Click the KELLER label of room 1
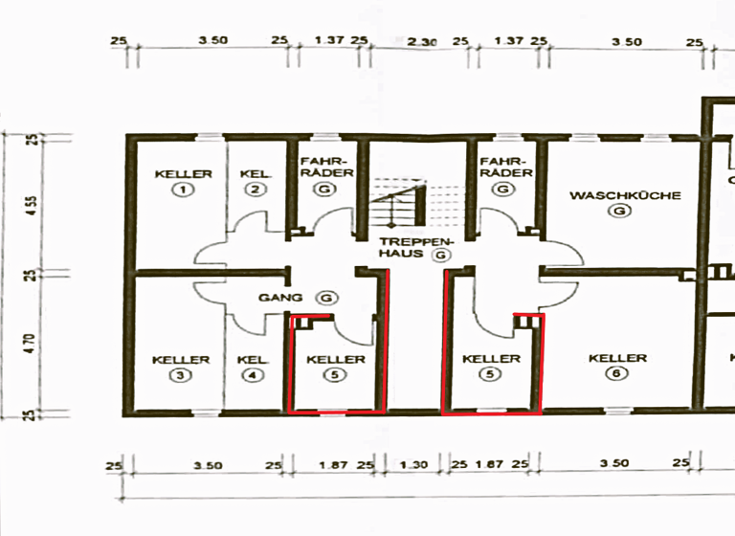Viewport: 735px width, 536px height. pyautogui.click(x=182, y=174)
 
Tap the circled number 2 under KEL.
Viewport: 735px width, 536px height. pyautogui.click(x=254, y=190)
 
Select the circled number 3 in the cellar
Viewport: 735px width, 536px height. pyautogui.click(x=181, y=375)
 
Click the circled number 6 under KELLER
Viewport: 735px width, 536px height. pyautogui.click(x=612, y=374)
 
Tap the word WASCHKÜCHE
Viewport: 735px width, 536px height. pyautogui.click(x=625, y=195)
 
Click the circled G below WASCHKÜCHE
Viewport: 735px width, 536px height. pyautogui.click(x=624, y=211)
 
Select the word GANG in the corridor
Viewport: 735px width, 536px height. pyautogui.click(x=279, y=298)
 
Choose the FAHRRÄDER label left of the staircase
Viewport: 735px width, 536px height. pyautogui.click(x=326, y=167)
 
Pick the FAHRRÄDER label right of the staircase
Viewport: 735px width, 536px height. pyautogui.click(x=506, y=167)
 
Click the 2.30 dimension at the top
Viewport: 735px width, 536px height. pyautogui.click(x=423, y=42)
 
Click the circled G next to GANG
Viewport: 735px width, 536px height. pyautogui.click(x=327, y=298)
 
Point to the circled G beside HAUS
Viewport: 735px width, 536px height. pyautogui.click(x=439, y=256)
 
